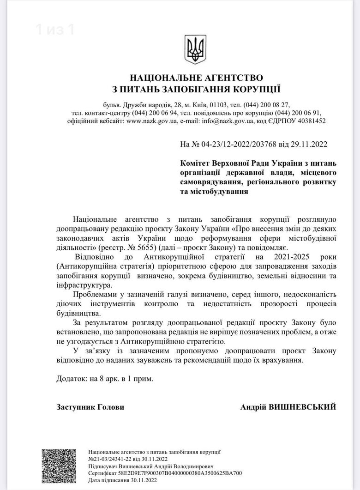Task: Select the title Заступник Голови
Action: tap(90, 407)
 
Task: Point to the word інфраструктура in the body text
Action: tap(81, 285)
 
